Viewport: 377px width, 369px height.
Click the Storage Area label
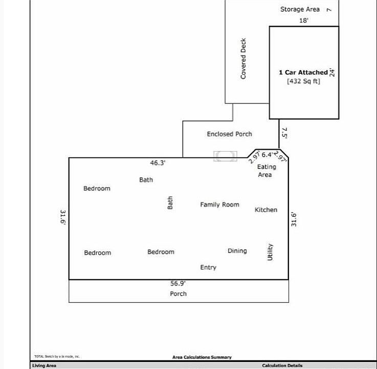click(x=300, y=9)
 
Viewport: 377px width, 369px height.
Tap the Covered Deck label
click(x=243, y=58)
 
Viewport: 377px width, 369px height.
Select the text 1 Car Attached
click(x=303, y=72)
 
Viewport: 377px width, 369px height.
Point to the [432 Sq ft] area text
click(x=303, y=81)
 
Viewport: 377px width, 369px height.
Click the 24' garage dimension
click(x=332, y=72)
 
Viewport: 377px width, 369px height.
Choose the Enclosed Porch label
click(x=229, y=134)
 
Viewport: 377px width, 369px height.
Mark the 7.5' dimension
click(x=284, y=134)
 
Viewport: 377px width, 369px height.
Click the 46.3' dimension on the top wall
click(x=158, y=162)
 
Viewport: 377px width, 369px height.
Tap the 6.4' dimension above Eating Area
click(x=267, y=154)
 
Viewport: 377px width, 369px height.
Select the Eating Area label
click(x=266, y=171)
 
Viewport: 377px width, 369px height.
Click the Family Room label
click(x=219, y=204)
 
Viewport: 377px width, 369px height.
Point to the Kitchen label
click(x=266, y=210)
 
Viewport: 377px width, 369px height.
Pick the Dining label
click(x=237, y=251)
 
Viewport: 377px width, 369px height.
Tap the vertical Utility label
click(x=270, y=252)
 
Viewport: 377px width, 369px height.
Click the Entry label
click(x=208, y=268)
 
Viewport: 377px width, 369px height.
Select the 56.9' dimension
click(x=178, y=283)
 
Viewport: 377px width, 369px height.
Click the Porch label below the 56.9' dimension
click(x=178, y=294)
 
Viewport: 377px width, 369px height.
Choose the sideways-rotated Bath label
click(x=170, y=203)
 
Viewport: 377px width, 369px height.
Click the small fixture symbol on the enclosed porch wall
click(x=225, y=156)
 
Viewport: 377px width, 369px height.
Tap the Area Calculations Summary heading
click(x=202, y=357)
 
